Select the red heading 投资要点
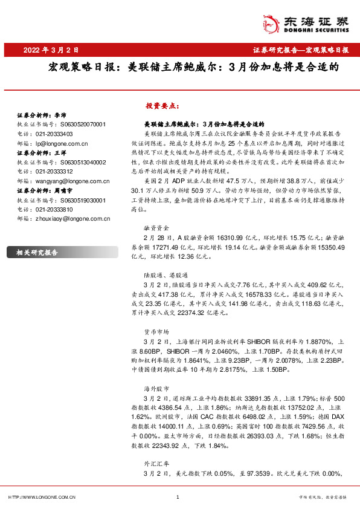[x=162, y=105]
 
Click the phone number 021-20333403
[x=54, y=134]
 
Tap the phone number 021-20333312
[x=54, y=172]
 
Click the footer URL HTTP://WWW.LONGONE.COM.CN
[x=42, y=498]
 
